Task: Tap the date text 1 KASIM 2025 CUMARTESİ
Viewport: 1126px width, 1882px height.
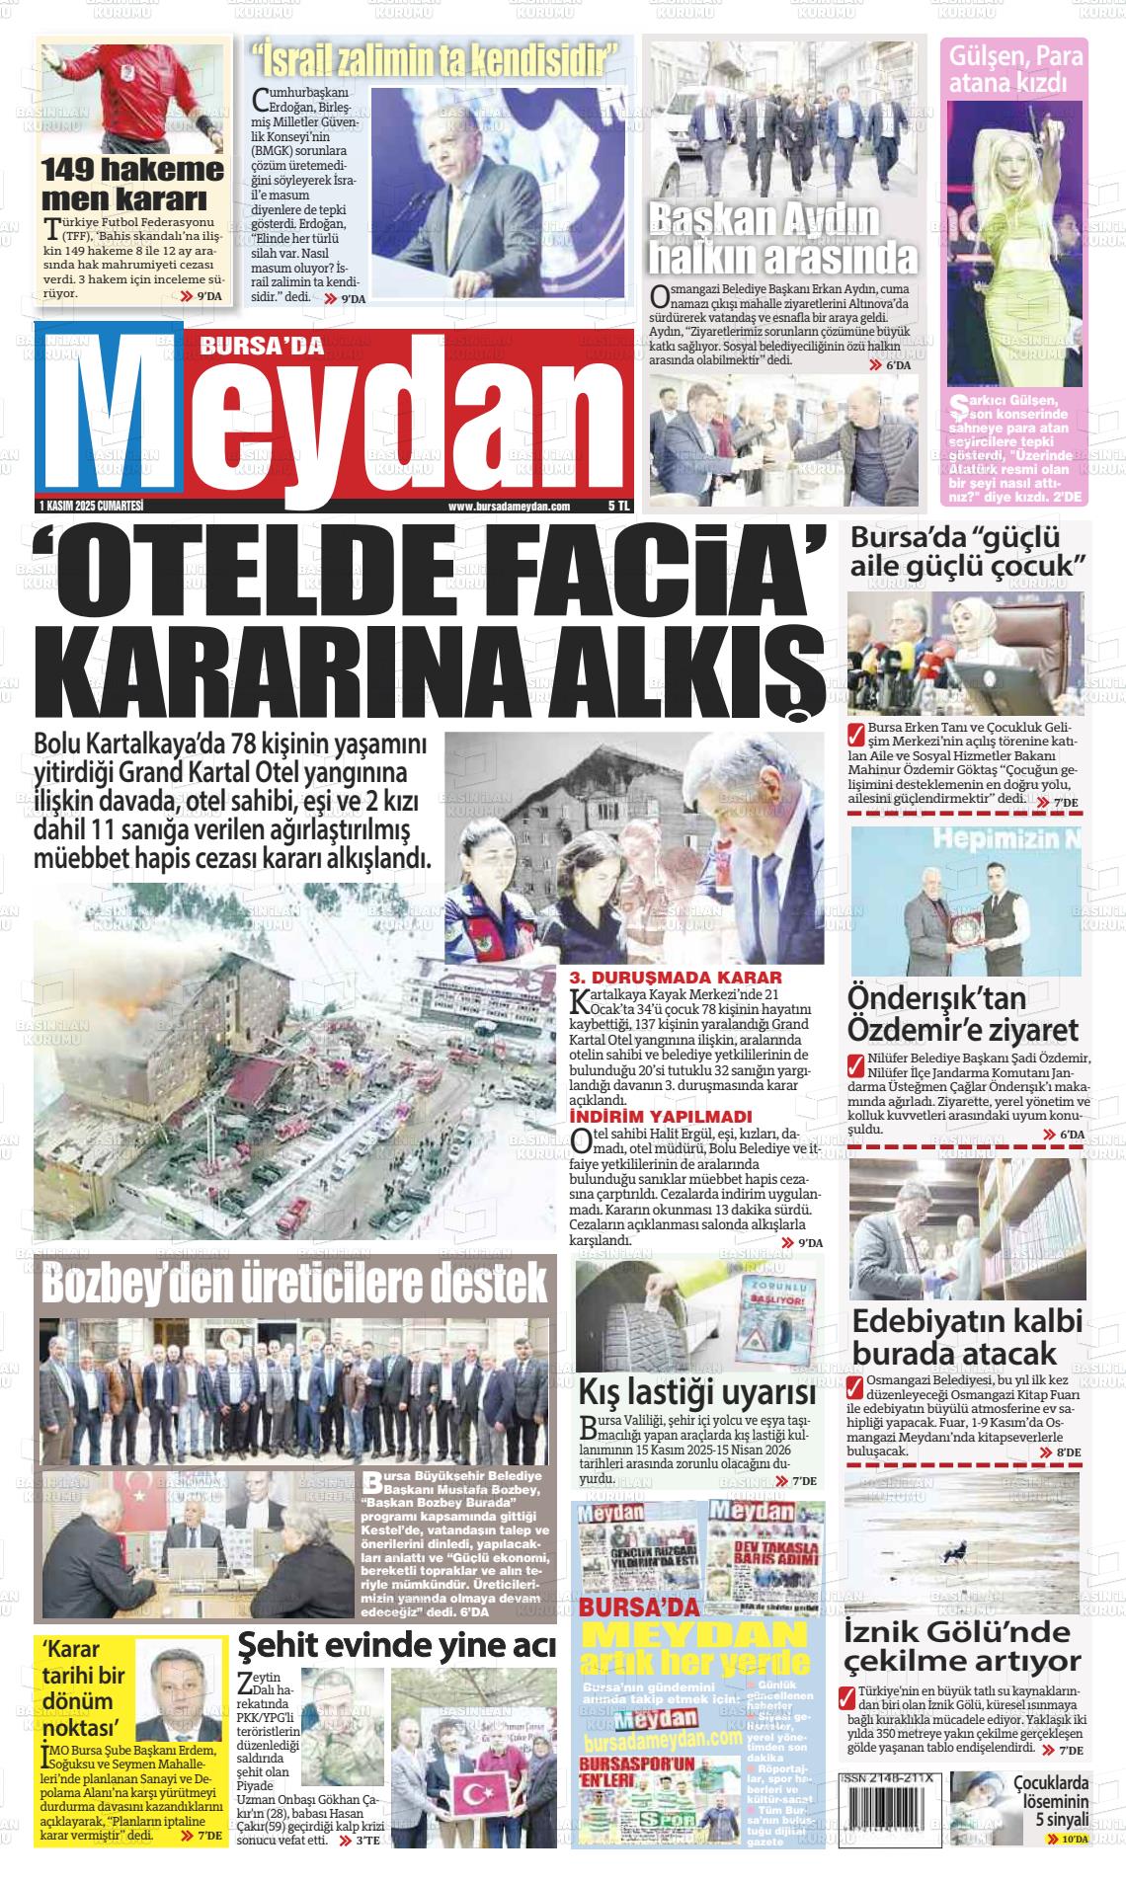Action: coord(90,506)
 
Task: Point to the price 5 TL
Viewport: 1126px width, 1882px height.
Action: coord(617,506)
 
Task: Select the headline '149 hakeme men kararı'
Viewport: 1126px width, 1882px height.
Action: coord(132,184)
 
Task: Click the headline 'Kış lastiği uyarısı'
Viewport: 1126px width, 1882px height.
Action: coord(696,1394)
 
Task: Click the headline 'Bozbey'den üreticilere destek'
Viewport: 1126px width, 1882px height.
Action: coord(294,1283)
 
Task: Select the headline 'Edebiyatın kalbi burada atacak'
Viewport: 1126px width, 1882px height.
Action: coord(967,1336)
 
